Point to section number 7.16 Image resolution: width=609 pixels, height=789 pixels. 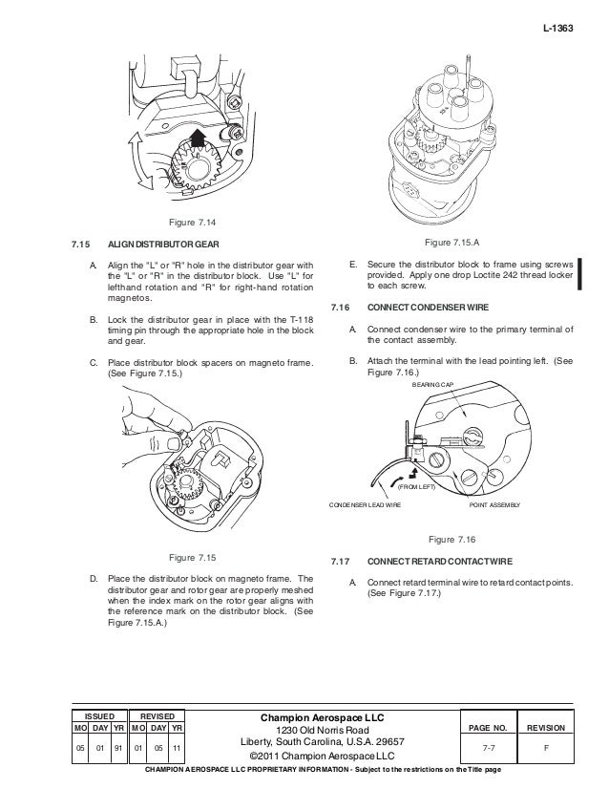point(340,309)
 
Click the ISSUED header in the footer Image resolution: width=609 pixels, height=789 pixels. point(99,714)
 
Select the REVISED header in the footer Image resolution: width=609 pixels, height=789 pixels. point(157,714)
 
